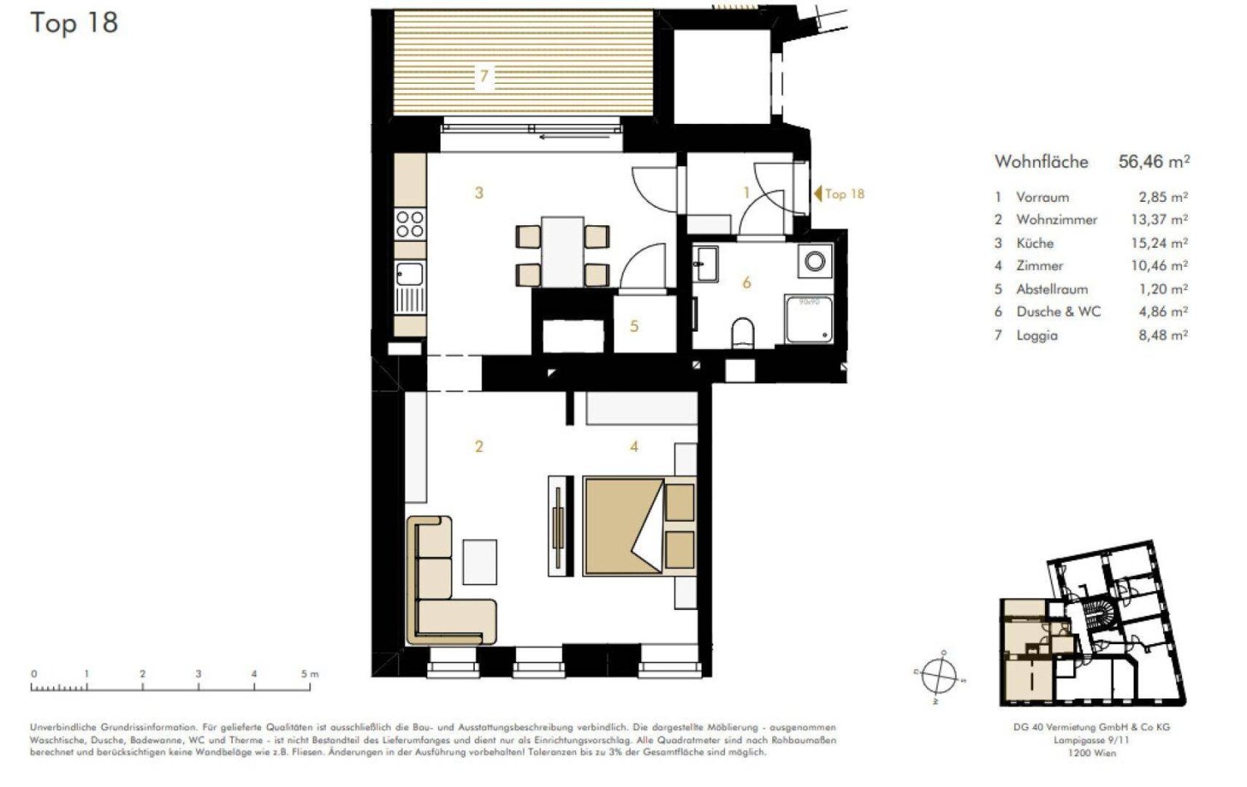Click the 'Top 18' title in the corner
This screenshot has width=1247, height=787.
coord(74,22)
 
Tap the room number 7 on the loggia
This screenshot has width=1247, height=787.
coord(484,76)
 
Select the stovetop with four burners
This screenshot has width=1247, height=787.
coord(409,224)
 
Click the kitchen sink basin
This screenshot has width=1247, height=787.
coord(409,273)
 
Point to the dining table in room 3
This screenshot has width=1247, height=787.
coord(563,252)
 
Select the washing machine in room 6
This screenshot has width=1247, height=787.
coord(815,262)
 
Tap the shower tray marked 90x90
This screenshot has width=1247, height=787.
coord(809,318)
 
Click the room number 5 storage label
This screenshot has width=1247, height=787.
coord(634,326)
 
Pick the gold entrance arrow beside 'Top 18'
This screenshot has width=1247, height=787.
coord(818,194)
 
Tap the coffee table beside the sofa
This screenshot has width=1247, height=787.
coord(480,561)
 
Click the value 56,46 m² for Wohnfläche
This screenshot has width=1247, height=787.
coord(1154,161)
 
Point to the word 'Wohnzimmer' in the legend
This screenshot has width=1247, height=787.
coord(1057,219)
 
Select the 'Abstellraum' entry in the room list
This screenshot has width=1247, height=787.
coord(1052,289)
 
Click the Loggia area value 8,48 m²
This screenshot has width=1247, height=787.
coord(1163,335)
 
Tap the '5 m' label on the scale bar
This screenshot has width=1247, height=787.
coord(309,674)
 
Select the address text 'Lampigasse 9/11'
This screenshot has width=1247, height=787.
coord(1092,740)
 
